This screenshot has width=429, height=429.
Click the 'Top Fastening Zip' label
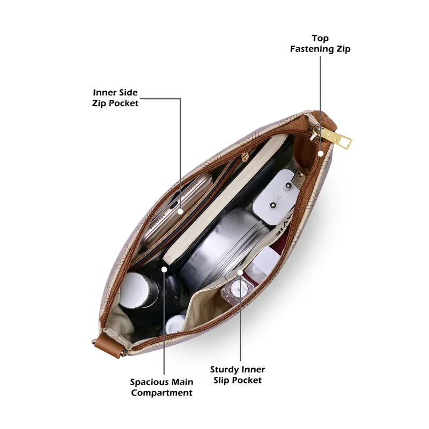pos(320,44)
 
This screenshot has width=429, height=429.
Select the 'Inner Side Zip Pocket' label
pos(115,98)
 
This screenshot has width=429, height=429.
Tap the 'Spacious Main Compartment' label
pos(161,387)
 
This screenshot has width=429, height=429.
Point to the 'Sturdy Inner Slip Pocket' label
pos(238,375)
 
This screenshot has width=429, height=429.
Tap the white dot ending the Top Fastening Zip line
pos(321,153)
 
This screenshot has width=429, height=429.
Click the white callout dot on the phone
pos(180,211)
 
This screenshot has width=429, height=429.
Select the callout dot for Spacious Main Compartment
pos(164,270)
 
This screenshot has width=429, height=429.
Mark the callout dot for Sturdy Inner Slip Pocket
pos(240,272)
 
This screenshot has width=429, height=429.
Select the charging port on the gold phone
pos(173,205)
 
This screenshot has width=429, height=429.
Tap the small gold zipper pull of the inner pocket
pos(245,157)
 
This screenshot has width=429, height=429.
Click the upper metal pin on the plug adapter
pos(287,187)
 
